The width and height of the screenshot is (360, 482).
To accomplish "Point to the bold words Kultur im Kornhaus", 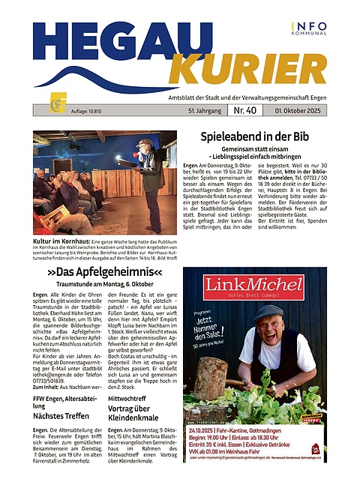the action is pos(60,241).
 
